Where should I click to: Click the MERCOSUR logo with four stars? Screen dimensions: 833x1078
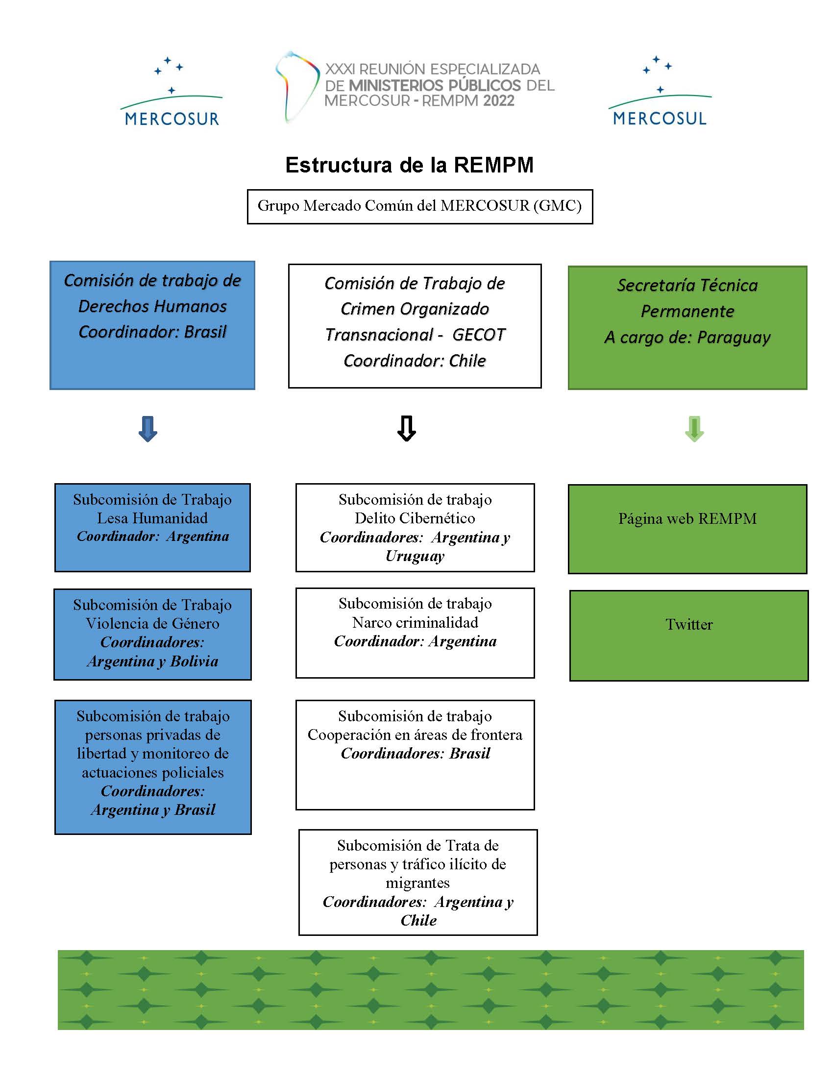coord(171,92)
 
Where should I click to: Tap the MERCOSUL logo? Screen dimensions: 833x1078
coord(660,91)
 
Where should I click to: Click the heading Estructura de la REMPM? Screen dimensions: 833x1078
coord(410,165)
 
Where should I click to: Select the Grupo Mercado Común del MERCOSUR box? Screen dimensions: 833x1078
coord(420,206)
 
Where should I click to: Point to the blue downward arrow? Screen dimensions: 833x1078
coord(148,428)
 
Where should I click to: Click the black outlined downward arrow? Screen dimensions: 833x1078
coord(407,428)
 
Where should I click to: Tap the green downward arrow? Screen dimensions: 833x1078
coord(694,428)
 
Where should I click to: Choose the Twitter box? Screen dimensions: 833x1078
coord(689,636)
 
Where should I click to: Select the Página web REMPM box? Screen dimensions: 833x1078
coord(687,529)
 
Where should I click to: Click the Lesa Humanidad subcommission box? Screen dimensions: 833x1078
coord(152,527)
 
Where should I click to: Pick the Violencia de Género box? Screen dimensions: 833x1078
coord(152,634)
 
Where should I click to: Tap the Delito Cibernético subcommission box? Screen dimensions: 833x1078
coord(415,527)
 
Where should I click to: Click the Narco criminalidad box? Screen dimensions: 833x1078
coord(415,633)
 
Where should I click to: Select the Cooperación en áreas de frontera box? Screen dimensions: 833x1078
coord(415,755)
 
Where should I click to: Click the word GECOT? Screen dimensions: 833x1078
coord(479,335)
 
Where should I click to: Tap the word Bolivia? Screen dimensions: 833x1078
coord(194,661)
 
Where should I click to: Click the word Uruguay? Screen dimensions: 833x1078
coord(415,556)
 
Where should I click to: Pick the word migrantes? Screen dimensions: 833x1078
coord(417,883)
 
